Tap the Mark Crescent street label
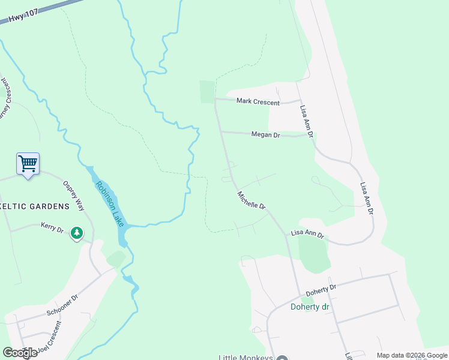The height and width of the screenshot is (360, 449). (x=258, y=102)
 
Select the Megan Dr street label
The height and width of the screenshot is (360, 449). (x=266, y=136)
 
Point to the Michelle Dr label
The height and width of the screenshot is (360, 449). (x=252, y=200)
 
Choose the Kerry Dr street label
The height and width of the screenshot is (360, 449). (x=52, y=226)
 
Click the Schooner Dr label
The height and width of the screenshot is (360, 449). (x=62, y=306)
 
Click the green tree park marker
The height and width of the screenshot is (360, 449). (x=76, y=233)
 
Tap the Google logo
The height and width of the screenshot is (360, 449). (x=20, y=353)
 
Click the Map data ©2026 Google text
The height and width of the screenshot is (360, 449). (x=412, y=355)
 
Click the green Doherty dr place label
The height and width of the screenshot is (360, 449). (x=312, y=307)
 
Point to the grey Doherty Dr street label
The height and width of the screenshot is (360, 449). (x=322, y=290)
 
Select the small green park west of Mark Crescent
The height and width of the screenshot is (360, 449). (x=207, y=91)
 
